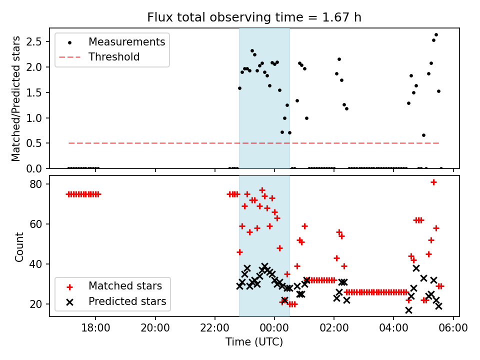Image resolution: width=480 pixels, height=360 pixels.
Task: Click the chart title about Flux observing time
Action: point(254,17)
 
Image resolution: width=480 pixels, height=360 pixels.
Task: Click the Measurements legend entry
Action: point(126,42)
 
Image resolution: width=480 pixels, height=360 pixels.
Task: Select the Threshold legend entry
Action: point(114,57)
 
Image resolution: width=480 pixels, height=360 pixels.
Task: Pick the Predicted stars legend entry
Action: point(127,301)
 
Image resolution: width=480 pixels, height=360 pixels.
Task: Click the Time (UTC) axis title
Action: point(254,342)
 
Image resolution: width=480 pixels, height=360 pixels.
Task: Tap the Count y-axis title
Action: point(19,246)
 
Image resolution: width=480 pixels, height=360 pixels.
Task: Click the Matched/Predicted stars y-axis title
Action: point(16,98)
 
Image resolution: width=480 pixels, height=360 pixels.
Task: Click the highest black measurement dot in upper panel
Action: point(436,35)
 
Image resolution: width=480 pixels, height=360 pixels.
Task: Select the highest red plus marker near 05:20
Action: point(433,182)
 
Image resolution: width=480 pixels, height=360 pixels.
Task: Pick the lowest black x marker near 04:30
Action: point(408,310)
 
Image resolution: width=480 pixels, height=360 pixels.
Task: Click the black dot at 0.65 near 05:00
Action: point(423,135)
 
